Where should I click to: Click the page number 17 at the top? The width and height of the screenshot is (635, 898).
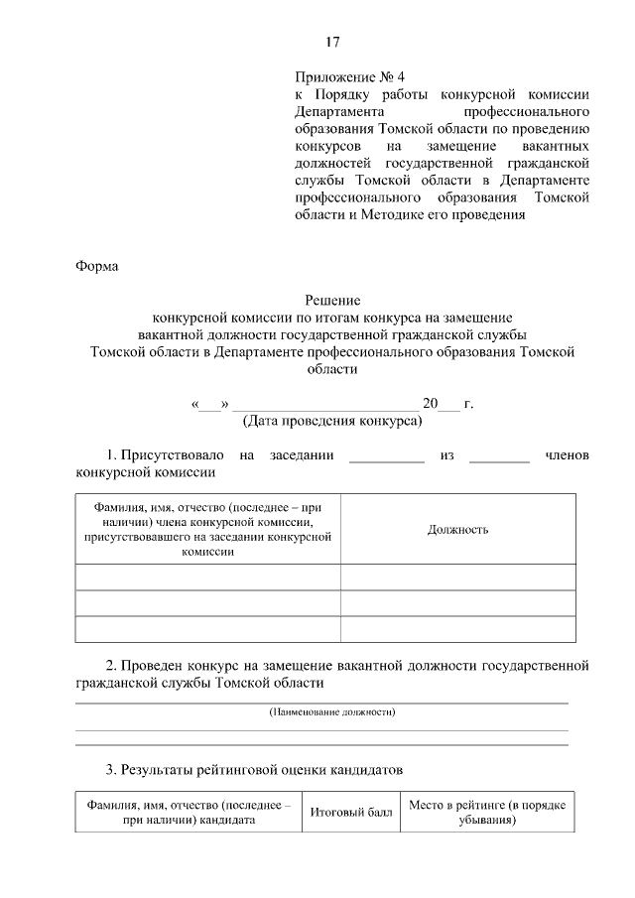coord(332,42)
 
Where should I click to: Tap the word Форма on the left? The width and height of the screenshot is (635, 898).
coord(96,265)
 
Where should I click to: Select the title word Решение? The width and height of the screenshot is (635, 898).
coord(332,301)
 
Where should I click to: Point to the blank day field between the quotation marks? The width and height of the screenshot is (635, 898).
coord(209,405)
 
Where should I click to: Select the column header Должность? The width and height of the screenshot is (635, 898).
coord(457,529)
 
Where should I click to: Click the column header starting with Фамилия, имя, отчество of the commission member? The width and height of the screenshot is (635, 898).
coord(207,529)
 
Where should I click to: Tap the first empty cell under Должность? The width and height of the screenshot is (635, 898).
coord(457,577)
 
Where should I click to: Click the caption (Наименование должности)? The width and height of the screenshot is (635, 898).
coord(332,712)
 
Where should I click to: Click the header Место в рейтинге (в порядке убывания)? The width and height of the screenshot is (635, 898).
coord(487,813)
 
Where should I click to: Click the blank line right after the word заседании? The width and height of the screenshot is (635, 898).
coord(387,457)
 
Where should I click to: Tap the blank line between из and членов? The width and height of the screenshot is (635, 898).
coord(499,457)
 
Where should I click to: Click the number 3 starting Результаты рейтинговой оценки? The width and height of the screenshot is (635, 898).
coord(110,769)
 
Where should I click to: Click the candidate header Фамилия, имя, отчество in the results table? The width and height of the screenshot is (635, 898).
coord(189,813)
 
